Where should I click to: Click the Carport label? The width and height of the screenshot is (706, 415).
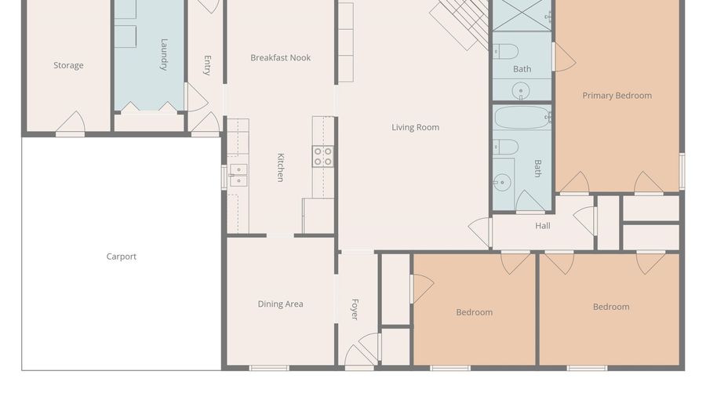point(121,257)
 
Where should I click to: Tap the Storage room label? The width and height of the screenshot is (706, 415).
point(68,65)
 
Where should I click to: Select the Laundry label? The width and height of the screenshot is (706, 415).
point(164,54)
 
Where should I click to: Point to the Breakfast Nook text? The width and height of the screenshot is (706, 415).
point(281,57)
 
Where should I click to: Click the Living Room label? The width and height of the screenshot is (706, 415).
point(415,127)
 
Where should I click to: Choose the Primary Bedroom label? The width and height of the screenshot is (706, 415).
point(617,96)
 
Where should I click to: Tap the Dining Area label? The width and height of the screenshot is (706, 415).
point(280,304)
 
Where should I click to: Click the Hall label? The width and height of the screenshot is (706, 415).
point(543,226)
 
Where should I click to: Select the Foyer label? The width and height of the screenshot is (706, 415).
point(355,309)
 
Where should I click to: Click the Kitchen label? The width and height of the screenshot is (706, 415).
point(280,167)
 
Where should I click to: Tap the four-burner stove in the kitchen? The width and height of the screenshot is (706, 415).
point(323,156)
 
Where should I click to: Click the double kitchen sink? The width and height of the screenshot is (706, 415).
point(238,175)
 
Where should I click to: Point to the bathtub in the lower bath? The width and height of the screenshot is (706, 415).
point(522,118)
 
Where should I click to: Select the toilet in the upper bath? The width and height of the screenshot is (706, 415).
point(505,52)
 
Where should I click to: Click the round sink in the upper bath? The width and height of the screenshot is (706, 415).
point(521,90)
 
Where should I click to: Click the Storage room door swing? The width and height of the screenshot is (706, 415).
point(71,122)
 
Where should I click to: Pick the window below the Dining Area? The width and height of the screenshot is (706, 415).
point(269,368)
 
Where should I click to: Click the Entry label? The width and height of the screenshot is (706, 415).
point(208,65)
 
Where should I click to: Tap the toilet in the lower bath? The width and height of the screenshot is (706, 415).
point(505,147)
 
